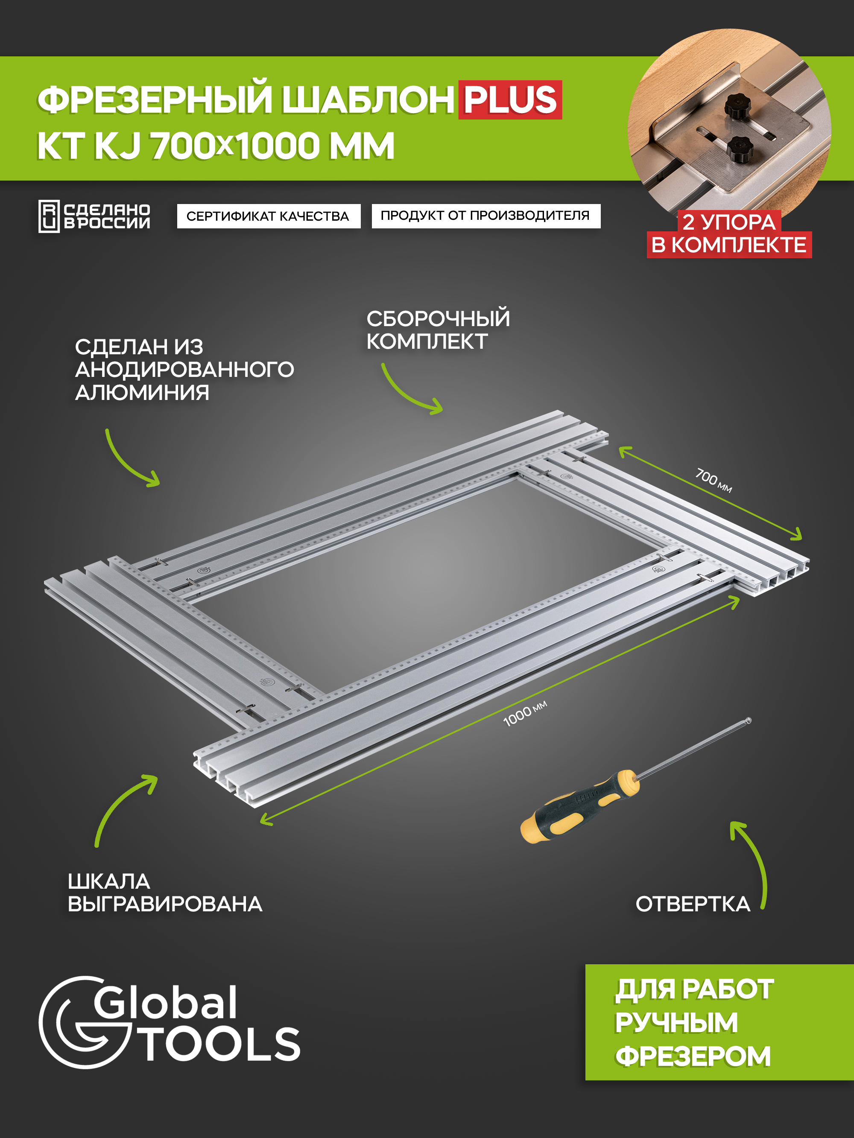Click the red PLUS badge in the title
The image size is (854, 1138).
click(510, 100)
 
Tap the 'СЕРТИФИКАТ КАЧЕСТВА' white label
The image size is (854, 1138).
click(268, 216)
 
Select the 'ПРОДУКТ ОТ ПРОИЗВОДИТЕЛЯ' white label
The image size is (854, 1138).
click(485, 216)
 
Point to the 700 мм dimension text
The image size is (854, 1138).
click(714, 480)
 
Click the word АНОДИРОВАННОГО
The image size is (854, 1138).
click(184, 369)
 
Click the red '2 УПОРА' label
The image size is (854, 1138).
click(729, 222)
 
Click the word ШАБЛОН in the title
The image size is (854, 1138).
click(368, 100)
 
